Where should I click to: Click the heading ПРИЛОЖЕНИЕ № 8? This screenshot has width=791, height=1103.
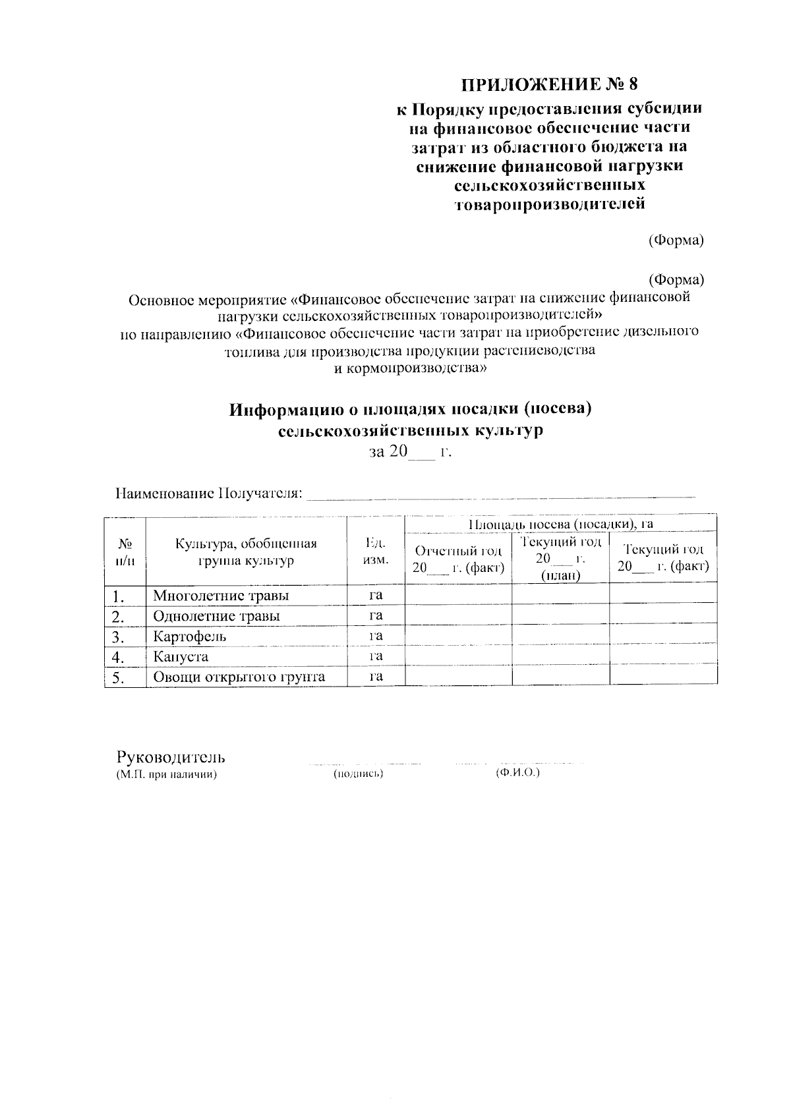pos(550,85)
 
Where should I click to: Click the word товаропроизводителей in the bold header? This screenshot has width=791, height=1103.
pos(550,204)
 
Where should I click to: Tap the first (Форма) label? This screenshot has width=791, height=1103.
pos(676,240)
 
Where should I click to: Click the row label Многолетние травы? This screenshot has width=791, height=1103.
pos(221,596)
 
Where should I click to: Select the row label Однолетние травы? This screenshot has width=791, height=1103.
pos(216,616)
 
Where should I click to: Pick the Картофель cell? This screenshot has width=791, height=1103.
pos(190,636)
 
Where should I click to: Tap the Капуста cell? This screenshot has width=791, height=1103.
pos(181,657)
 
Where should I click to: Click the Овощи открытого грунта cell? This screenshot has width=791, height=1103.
pos(239,677)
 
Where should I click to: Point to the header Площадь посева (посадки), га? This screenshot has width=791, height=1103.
pos(560,524)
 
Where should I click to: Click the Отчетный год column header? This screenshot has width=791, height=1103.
pos(458,559)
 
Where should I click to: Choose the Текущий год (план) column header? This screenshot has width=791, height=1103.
pos(560,559)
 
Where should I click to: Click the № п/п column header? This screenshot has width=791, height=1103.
pos(125,551)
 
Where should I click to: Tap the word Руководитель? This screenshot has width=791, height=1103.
pos(171,756)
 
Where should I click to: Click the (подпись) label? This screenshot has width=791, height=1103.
pos(359,774)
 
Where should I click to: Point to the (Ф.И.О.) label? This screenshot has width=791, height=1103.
pos(517,772)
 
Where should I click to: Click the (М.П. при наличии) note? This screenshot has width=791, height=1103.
pos(167,774)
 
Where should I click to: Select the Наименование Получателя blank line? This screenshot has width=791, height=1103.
pos(501,495)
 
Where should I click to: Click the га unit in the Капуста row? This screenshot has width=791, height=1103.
pos(376,656)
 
